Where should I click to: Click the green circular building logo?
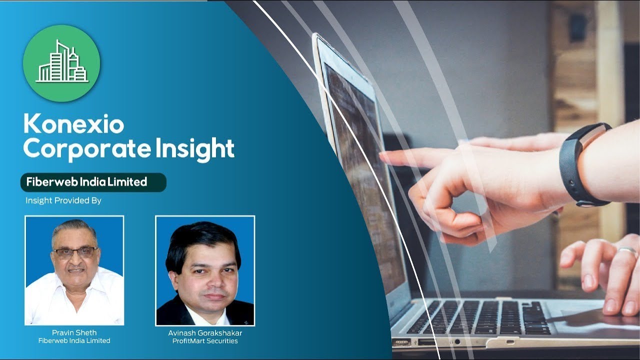coord(61,63)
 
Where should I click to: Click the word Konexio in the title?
coord(73,124)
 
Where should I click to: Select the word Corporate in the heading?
coord(84,148)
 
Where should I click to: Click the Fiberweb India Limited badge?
coord(93,182)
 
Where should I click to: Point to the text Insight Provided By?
coord(63,200)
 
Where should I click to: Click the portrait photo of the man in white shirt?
coord(74,270)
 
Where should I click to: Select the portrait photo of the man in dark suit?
coord(205,270)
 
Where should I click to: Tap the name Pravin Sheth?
coord(74,332)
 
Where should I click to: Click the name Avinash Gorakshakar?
coord(205,333)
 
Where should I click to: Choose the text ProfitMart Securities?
coord(205,341)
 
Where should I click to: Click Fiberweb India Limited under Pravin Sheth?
coord(74,340)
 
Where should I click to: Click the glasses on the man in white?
coord(75,252)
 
